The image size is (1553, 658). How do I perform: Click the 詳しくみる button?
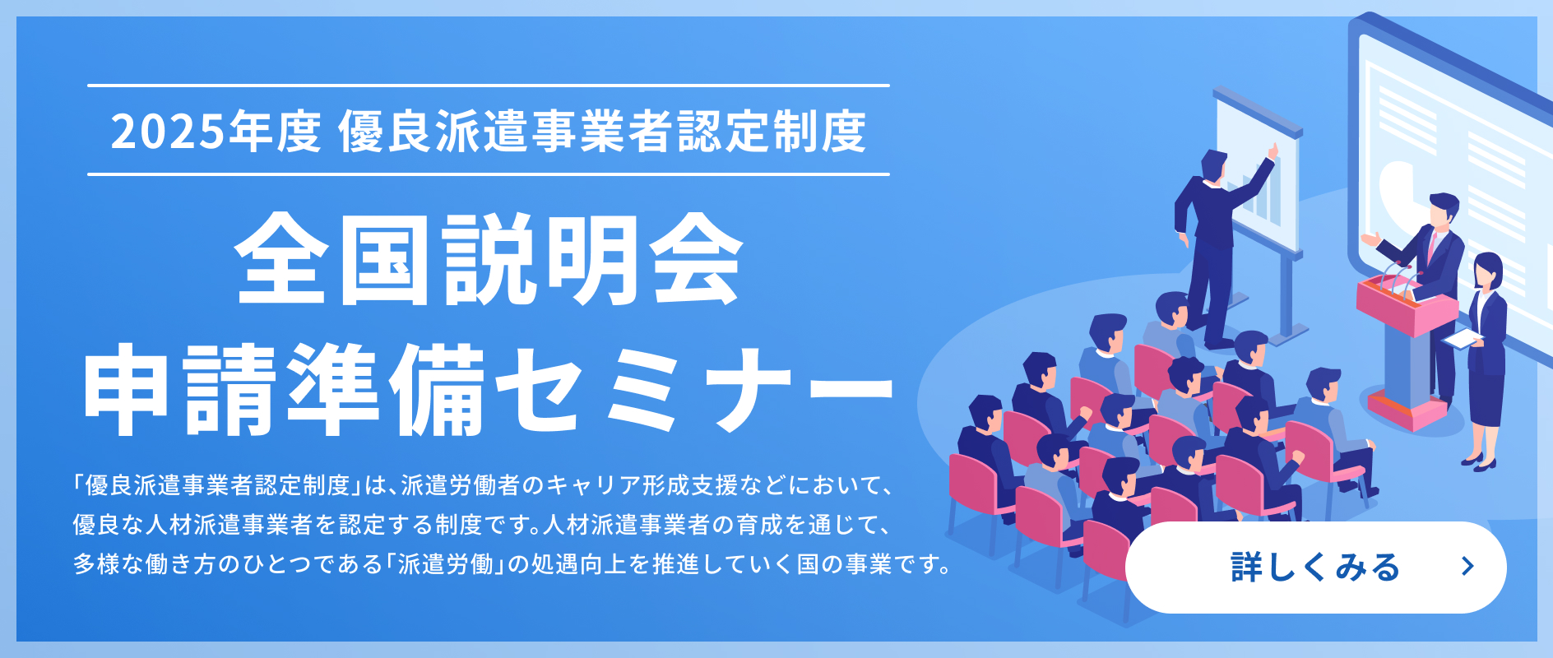click(x=1315, y=567)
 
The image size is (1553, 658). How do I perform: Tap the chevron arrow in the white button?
click(x=1467, y=567)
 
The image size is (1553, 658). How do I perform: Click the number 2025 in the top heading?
click(x=168, y=132)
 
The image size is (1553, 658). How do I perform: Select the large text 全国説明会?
click(x=489, y=259)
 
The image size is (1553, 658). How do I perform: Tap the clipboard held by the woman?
click(x=1463, y=338)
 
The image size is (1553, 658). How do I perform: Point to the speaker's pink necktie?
click(x=1433, y=247)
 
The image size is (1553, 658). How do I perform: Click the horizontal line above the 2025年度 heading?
click(x=489, y=86)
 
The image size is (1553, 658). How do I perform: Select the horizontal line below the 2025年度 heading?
click(x=489, y=174)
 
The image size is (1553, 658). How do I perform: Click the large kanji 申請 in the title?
click(x=181, y=388)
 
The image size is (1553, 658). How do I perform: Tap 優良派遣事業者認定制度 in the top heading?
click(x=602, y=132)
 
